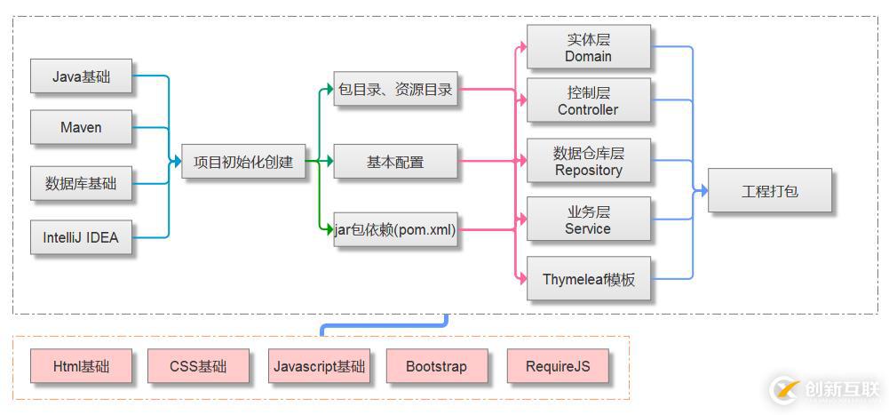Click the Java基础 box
pos(81,76)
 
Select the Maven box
pos(81,127)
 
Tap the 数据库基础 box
pos(81,184)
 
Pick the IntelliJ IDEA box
pos(81,237)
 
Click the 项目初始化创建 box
pos(243,163)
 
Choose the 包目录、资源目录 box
pos(395,89)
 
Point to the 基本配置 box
pos(395,163)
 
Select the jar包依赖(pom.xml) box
pos(395,230)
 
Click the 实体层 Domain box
pos(588,48)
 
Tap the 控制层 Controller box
pos(588,100)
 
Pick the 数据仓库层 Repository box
pos(588,162)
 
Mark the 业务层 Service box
pos(588,219)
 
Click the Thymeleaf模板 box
pos(588,279)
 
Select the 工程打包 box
pos(769,190)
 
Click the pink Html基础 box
pos(81,366)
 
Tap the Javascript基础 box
pos(319,366)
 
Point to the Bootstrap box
pos(436,366)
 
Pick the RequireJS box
pos(557,366)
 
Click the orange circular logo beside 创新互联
pos(785,389)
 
